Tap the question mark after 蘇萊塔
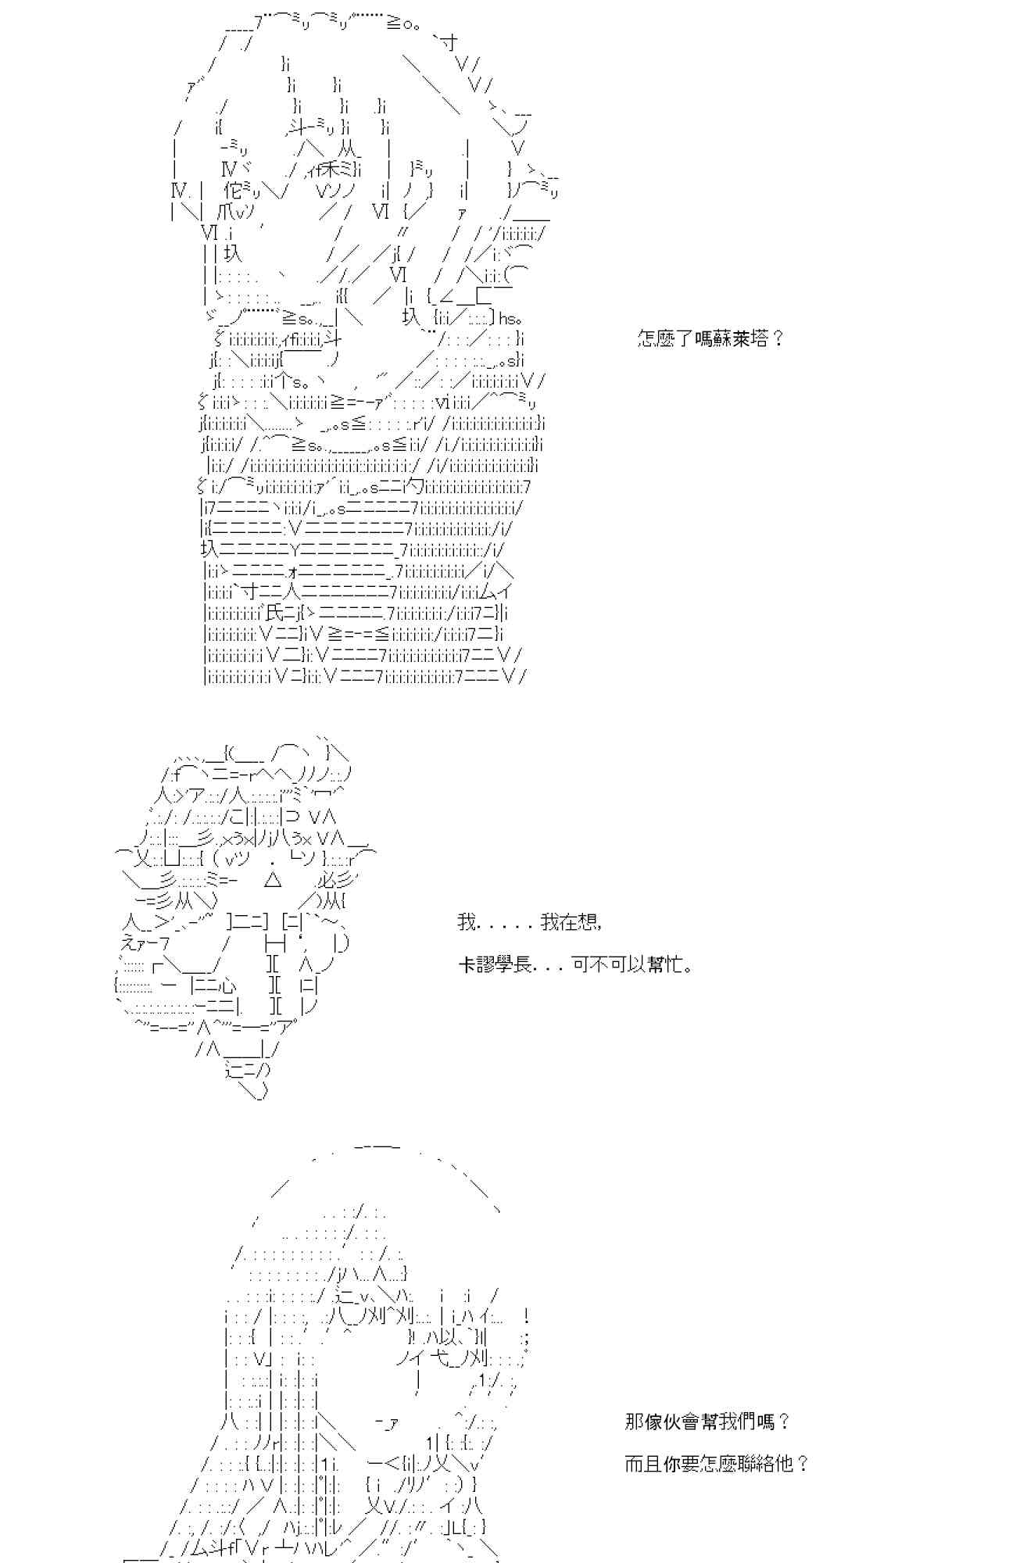[777, 339]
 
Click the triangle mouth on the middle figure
[273, 881]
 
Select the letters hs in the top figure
[507, 318]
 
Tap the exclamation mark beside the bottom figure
[528, 1315]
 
